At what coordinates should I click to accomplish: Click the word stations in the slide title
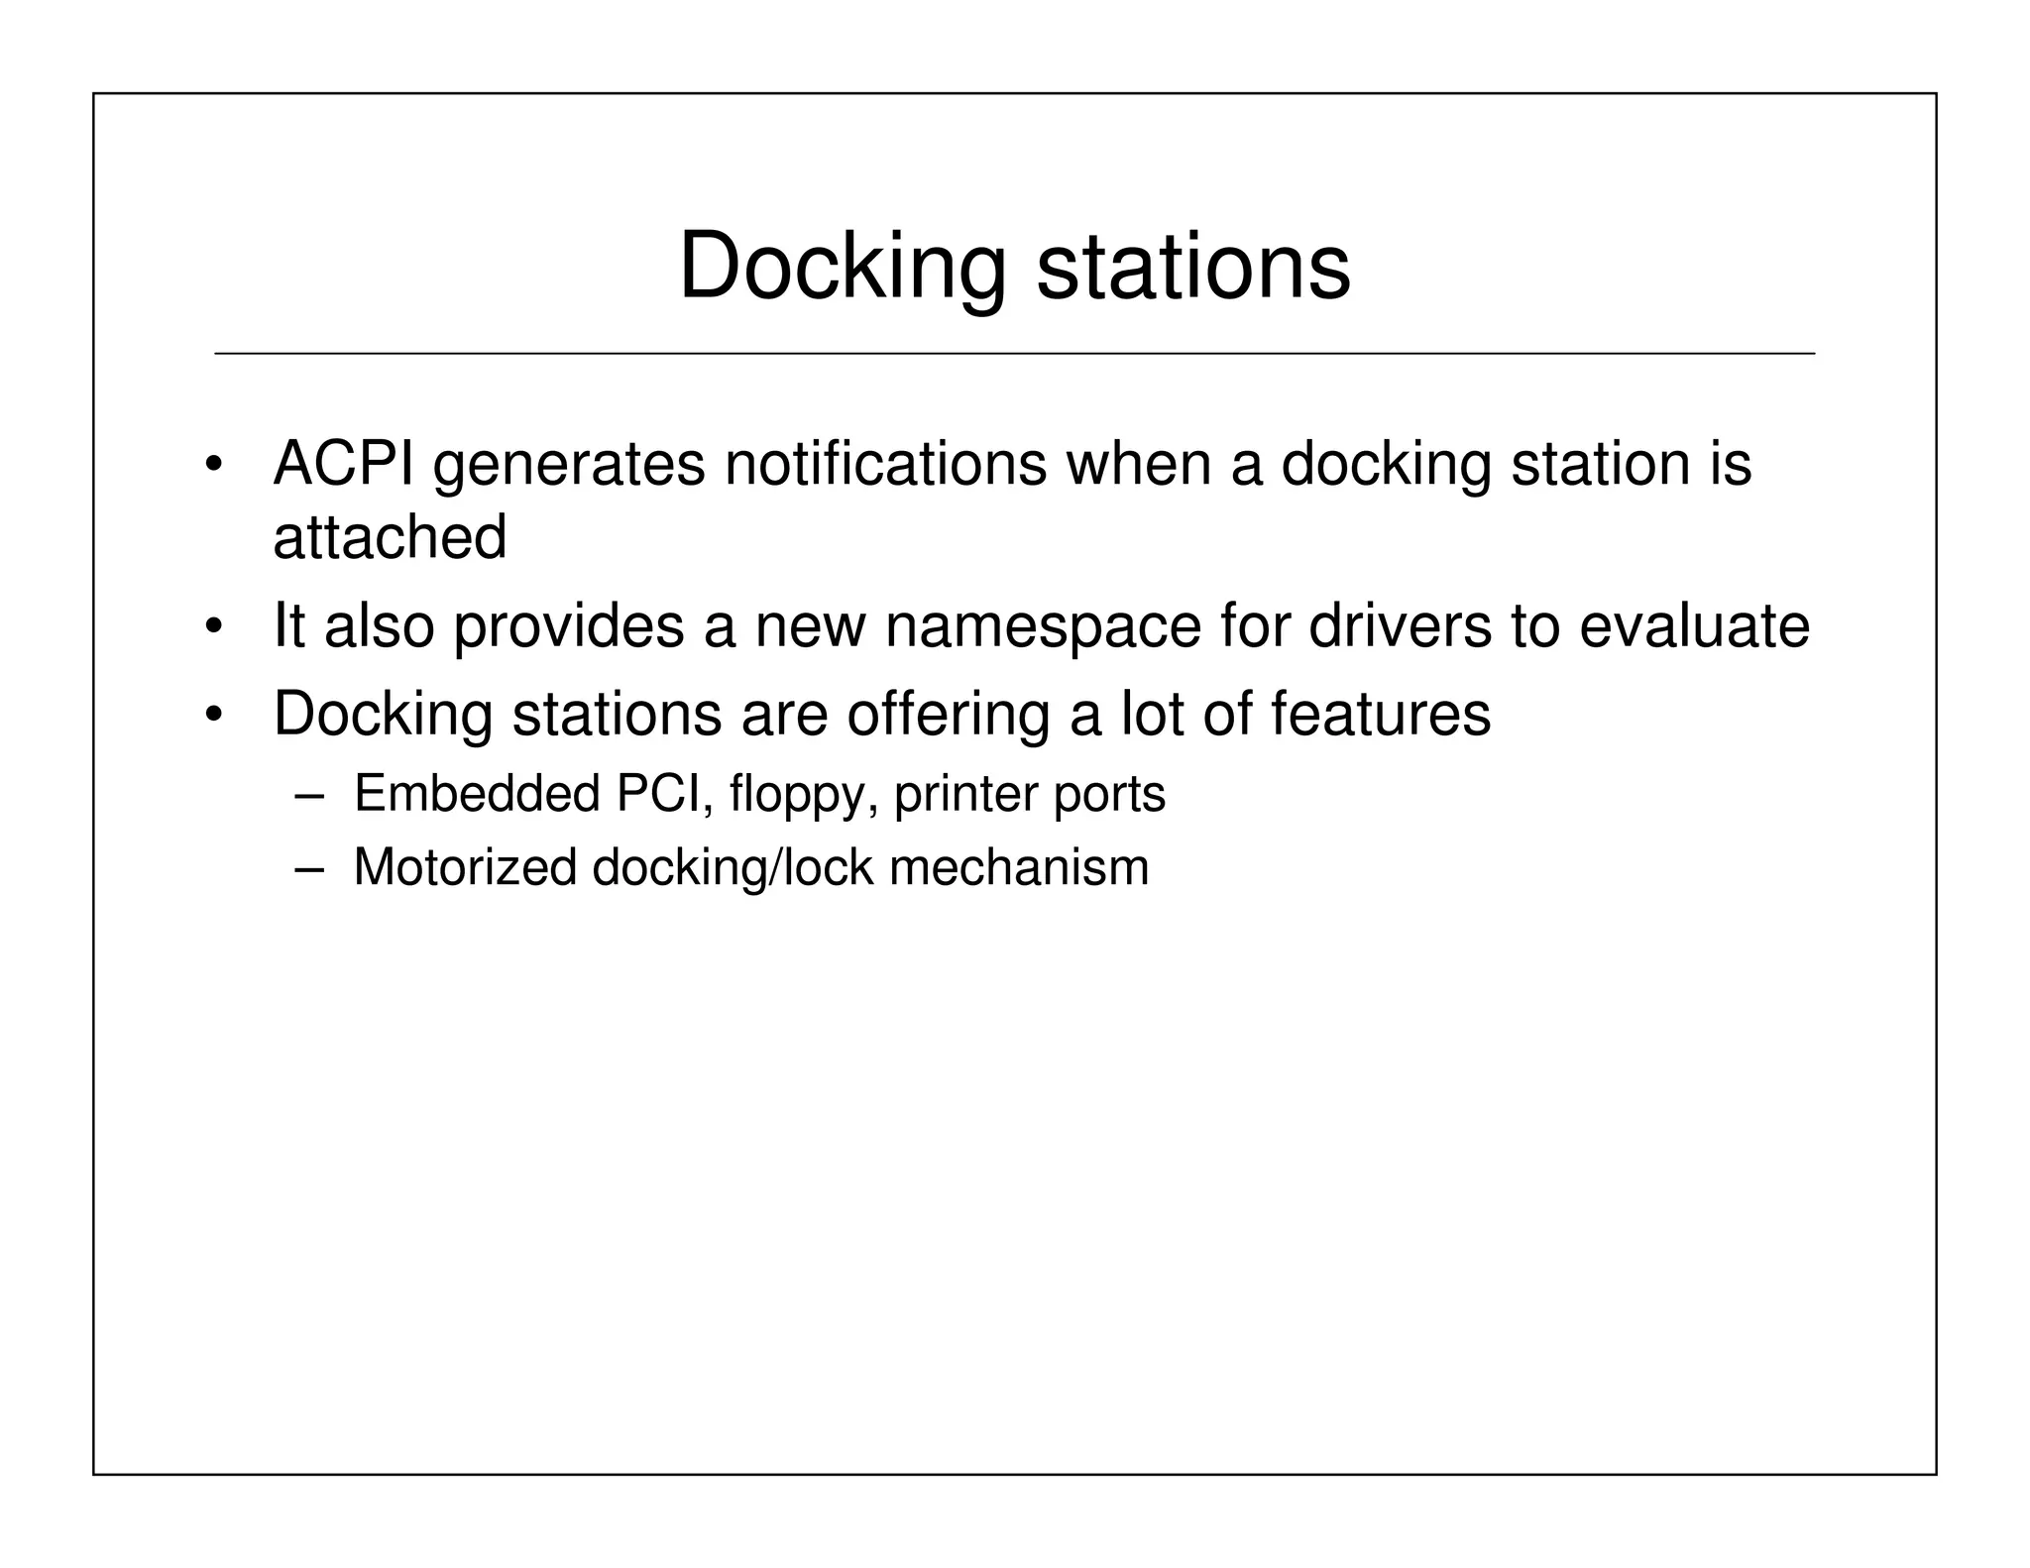point(1192,266)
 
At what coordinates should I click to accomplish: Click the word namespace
point(1043,625)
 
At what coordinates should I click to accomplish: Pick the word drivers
point(1400,625)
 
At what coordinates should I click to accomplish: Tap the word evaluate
point(1694,625)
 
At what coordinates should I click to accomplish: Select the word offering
point(949,713)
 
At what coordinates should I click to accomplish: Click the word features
point(1380,713)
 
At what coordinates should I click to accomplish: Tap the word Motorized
point(465,867)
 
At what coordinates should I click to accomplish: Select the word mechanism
point(1019,867)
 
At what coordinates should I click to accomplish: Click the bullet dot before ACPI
point(212,466)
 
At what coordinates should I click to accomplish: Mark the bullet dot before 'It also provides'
point(212,628)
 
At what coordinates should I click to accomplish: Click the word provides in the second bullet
point(569,625)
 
